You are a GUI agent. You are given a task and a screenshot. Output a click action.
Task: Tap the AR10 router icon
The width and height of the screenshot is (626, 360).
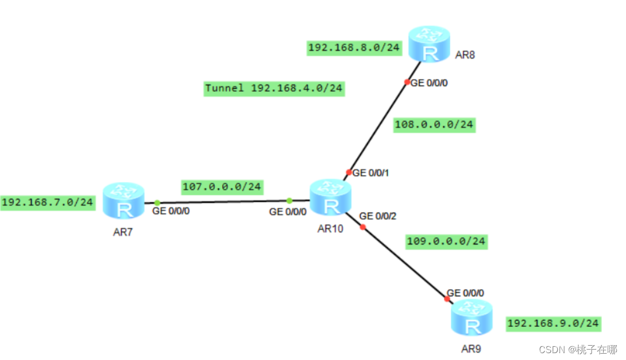click(x=329, y=198)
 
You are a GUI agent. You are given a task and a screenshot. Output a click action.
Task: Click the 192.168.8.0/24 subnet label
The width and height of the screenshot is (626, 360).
click(x=354, y=48)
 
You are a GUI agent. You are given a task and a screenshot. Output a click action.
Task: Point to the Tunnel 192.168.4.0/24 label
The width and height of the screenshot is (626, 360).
click(x=274, y=89)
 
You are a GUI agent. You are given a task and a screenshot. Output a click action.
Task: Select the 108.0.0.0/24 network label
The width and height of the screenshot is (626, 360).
click(x=435, y=124)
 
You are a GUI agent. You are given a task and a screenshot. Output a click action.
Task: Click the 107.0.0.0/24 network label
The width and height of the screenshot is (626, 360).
click(x=222, y=187)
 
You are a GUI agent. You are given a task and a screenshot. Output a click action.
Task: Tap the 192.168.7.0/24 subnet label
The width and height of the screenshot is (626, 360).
click(x=48, y=202)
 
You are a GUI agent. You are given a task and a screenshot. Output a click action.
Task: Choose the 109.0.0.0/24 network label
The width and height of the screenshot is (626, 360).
click(x=446, y=241)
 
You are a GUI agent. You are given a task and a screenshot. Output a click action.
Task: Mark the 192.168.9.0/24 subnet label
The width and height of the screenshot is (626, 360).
click(x=553, y=323)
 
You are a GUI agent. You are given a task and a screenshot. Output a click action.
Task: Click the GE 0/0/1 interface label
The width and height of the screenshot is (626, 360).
click(x=371, y=172)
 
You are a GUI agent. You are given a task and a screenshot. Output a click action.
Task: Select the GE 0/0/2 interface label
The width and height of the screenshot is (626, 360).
click(x=377, y=216)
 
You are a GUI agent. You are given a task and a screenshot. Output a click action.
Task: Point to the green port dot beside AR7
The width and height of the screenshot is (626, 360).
click(x=157, y=203)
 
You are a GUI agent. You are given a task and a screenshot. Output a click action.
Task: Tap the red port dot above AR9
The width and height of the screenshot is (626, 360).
click(x=447, y=299)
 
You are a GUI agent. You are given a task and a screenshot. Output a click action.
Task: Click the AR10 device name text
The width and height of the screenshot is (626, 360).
click(x=330, y=229)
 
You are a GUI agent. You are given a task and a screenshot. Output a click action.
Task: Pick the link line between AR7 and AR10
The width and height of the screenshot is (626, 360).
click(x=223, y=201)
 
